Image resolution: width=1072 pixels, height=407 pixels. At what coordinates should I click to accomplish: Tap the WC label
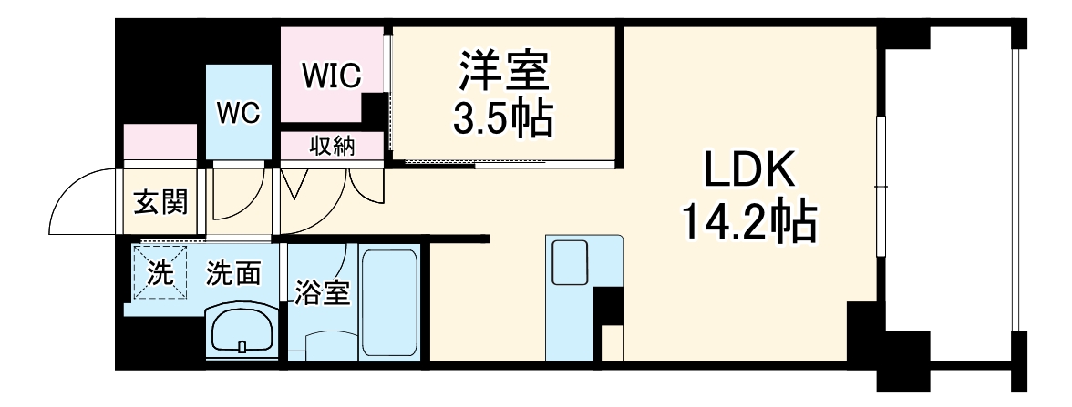tap(238, 113)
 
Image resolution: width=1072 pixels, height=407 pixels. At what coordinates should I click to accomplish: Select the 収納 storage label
tap(332, 146)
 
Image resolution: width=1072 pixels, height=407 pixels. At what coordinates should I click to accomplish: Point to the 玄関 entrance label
tap(161, 201)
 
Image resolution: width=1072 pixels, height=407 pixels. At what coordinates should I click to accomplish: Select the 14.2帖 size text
tap(749, 221)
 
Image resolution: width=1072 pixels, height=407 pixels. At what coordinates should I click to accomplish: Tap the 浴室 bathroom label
tap(322, 294)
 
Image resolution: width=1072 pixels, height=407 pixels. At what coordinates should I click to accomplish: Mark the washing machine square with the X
tap(160, 272)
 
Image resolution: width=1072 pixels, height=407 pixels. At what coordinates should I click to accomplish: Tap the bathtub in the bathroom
tap(389, 304)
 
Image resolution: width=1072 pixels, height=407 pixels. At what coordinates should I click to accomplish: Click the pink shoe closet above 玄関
tap(160, 144)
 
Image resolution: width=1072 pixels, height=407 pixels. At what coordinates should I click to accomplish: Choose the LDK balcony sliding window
tap(881, 187)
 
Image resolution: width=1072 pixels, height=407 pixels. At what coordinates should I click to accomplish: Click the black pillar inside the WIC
tap(375, 110)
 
